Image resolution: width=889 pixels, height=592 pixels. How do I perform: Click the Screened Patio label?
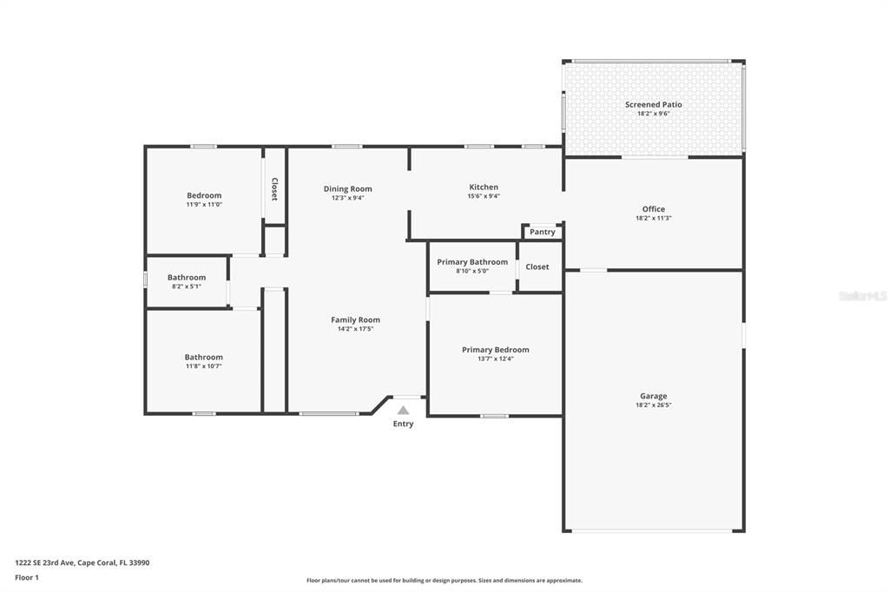[x=653, y=104]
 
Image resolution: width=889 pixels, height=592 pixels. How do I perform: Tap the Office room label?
[x=653, y=209]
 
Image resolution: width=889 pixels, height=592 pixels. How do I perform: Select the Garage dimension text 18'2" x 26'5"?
[x=653, y=405]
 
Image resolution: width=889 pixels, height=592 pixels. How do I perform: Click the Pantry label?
[x=543, y=232]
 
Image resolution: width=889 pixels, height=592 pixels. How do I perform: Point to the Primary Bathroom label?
[x=472, y=262]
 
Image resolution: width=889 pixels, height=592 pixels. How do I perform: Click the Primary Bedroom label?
[x=495, y=350]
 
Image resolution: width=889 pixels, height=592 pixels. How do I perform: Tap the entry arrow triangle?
[x=403, y=410]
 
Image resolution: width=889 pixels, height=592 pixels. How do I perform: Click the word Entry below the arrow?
[x=403, y=424]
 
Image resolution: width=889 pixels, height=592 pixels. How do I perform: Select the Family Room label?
[x=355, y=319]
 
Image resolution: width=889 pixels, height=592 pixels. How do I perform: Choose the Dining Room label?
[x=347, y=188]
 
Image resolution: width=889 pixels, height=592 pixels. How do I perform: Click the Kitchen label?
[x=484, y=187]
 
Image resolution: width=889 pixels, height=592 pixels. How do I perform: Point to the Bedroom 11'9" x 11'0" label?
[x=204, y=195]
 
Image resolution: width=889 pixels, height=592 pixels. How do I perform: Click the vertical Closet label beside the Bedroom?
[x=274, y=189]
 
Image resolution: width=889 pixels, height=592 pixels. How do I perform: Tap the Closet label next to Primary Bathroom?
[x=537, y=266]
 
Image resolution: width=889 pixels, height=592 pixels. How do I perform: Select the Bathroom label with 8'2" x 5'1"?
[x=187, y=278]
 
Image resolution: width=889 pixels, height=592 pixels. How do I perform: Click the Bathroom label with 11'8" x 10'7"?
[x=203, y=357]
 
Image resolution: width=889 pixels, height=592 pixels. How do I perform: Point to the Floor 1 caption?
[x=27, y=577]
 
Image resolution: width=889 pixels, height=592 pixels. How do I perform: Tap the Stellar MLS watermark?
[x=862, y=296]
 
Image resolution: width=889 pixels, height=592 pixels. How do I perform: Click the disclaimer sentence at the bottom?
[x=444, y=581]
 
